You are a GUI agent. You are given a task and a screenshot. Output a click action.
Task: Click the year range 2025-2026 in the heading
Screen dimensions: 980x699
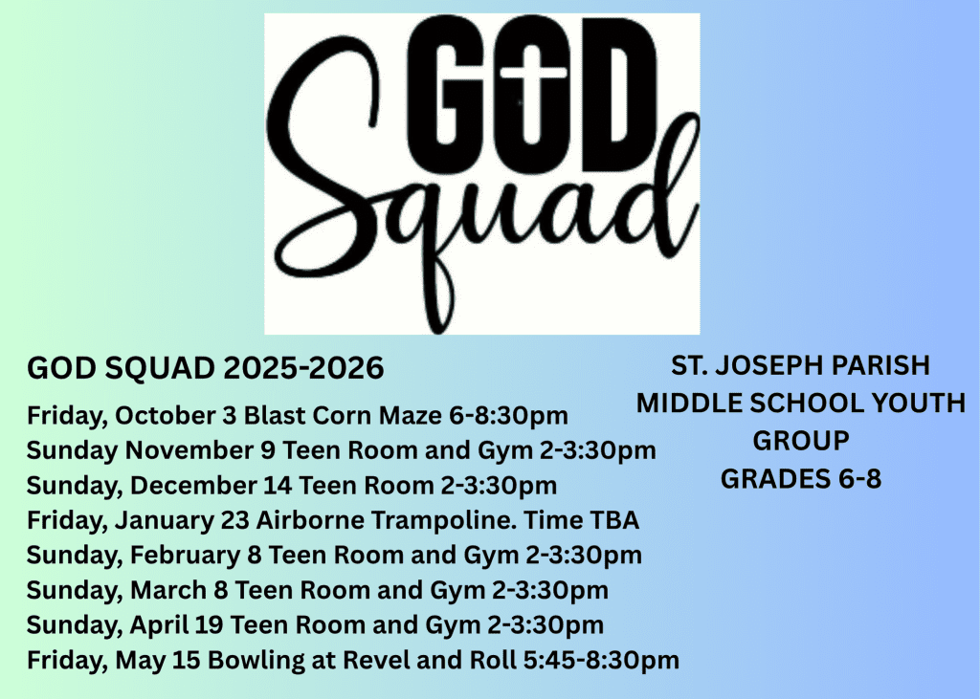pos(303,368)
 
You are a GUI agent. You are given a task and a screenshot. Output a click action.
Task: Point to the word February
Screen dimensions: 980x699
pos(185,556)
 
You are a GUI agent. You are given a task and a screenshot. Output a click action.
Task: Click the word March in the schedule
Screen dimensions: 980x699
pos(168,590)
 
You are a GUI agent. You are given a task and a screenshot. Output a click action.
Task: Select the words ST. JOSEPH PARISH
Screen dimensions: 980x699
pos(801,366)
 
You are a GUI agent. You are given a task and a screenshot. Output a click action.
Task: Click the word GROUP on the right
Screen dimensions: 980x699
pos(801,441)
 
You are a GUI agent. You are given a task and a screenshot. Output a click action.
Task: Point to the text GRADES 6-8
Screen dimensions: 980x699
pos(801,479)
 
